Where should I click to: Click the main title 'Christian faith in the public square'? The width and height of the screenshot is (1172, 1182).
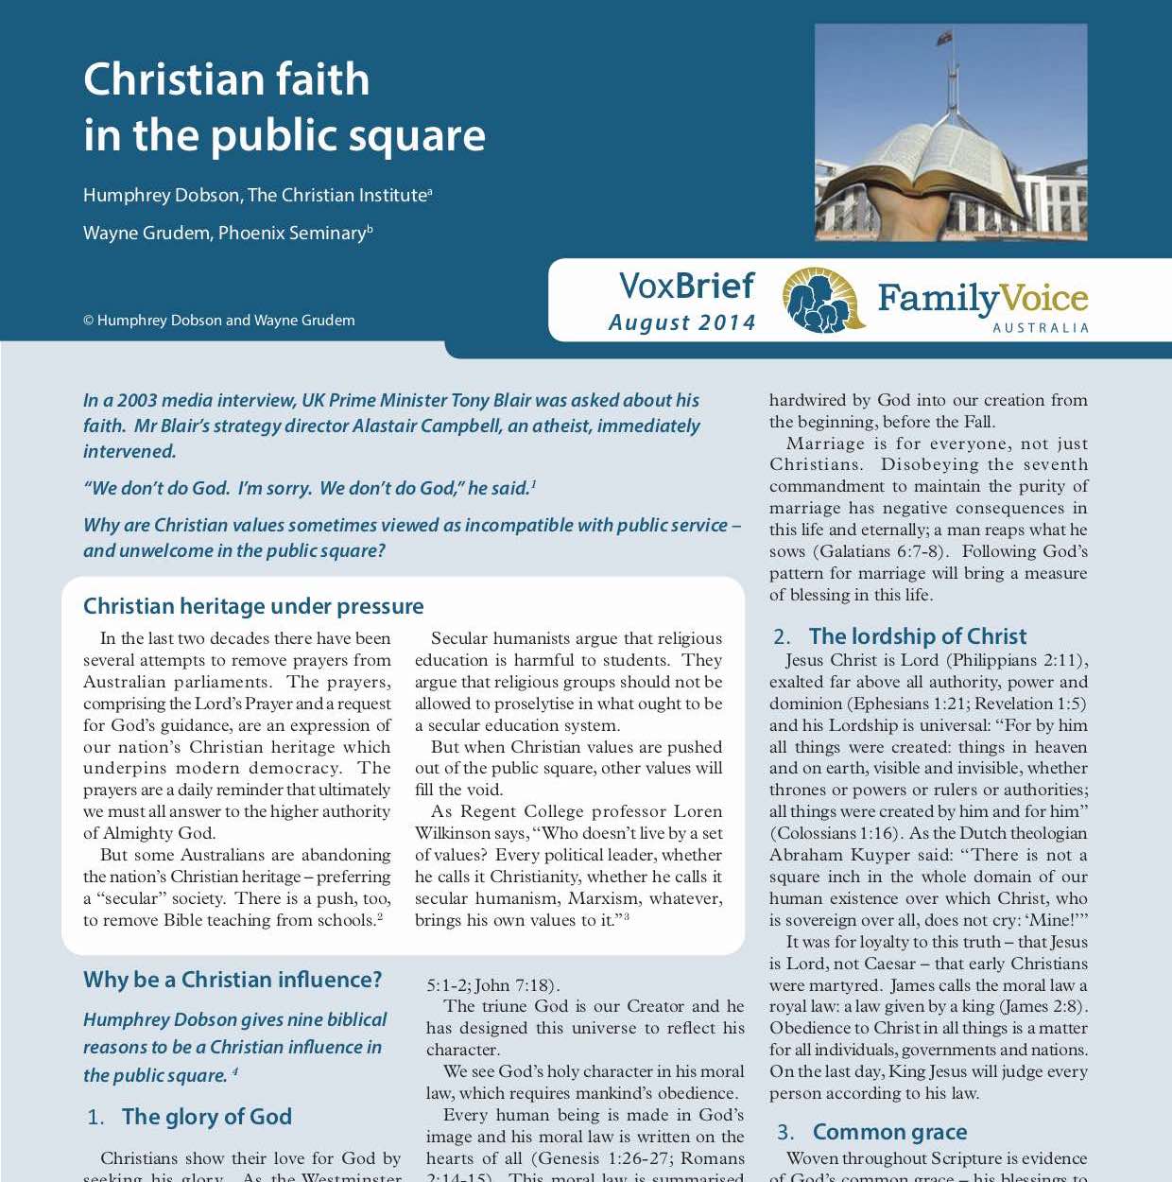tap(284, 107)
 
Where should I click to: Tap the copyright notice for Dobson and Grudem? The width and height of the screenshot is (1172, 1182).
tap(218, 321)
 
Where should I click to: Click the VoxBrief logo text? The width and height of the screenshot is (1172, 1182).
tap(686, 286)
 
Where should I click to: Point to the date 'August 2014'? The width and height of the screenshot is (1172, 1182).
tap(681, 322)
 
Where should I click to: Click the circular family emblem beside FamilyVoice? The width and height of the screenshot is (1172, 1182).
tap(822, 300)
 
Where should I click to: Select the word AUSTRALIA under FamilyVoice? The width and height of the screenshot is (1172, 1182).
tap(1041, 328)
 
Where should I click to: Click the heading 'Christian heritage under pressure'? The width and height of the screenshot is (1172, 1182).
tap(253, 606)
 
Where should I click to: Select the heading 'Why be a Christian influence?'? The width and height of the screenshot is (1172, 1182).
tap(233, 980)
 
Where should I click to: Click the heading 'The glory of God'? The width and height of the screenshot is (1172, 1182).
tap(206, 1117)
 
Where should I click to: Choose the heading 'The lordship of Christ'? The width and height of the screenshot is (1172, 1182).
tap(917, 636)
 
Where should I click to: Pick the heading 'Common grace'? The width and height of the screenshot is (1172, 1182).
tap(889, 1132)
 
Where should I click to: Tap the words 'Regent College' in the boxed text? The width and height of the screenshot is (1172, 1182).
tap(519, 811)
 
